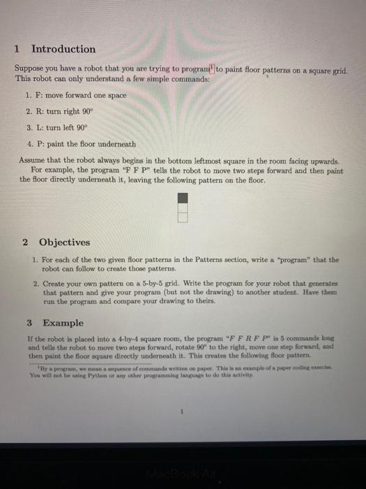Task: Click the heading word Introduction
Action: pyautogui.click(x=63, y=49)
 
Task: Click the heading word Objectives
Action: pyautogui.click(x=64, y=242)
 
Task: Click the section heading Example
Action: pyautogui.click(x=63, y=323)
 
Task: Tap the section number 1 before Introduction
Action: pyautogui.click(x=17, y=49)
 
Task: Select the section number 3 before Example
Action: pyautogui.click(x=29, y=323)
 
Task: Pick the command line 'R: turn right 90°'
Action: pyautogui.click(x=64, y=111)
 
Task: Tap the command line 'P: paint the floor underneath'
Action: pyautogui.click(x=80, y=143)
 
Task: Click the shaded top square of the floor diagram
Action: pyautogui.click(x=183, y=198)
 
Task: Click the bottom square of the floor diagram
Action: pyautogui.click(x=183, y=217)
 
